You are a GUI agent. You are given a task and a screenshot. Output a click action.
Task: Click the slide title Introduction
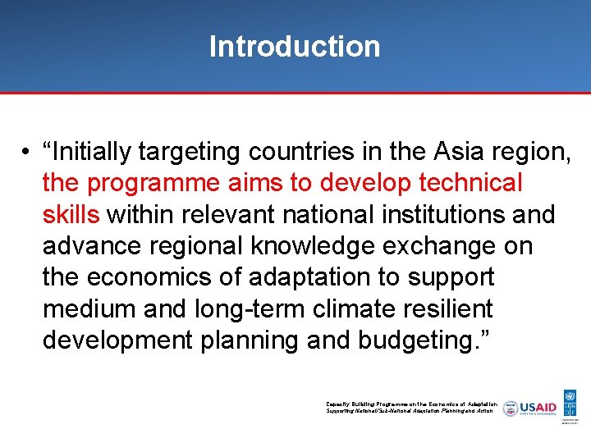click(x=295, y=46)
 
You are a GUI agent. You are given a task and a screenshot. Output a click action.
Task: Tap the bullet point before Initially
click(x=27, y=152)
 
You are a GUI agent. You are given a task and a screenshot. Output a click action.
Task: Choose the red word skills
click(x=71, y=214)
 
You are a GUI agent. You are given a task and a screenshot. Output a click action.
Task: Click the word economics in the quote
click(x=153, y=277)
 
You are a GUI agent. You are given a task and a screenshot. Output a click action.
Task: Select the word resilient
click(x=443, y=308)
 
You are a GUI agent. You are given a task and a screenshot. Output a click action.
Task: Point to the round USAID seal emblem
click(x=511, y=408)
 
